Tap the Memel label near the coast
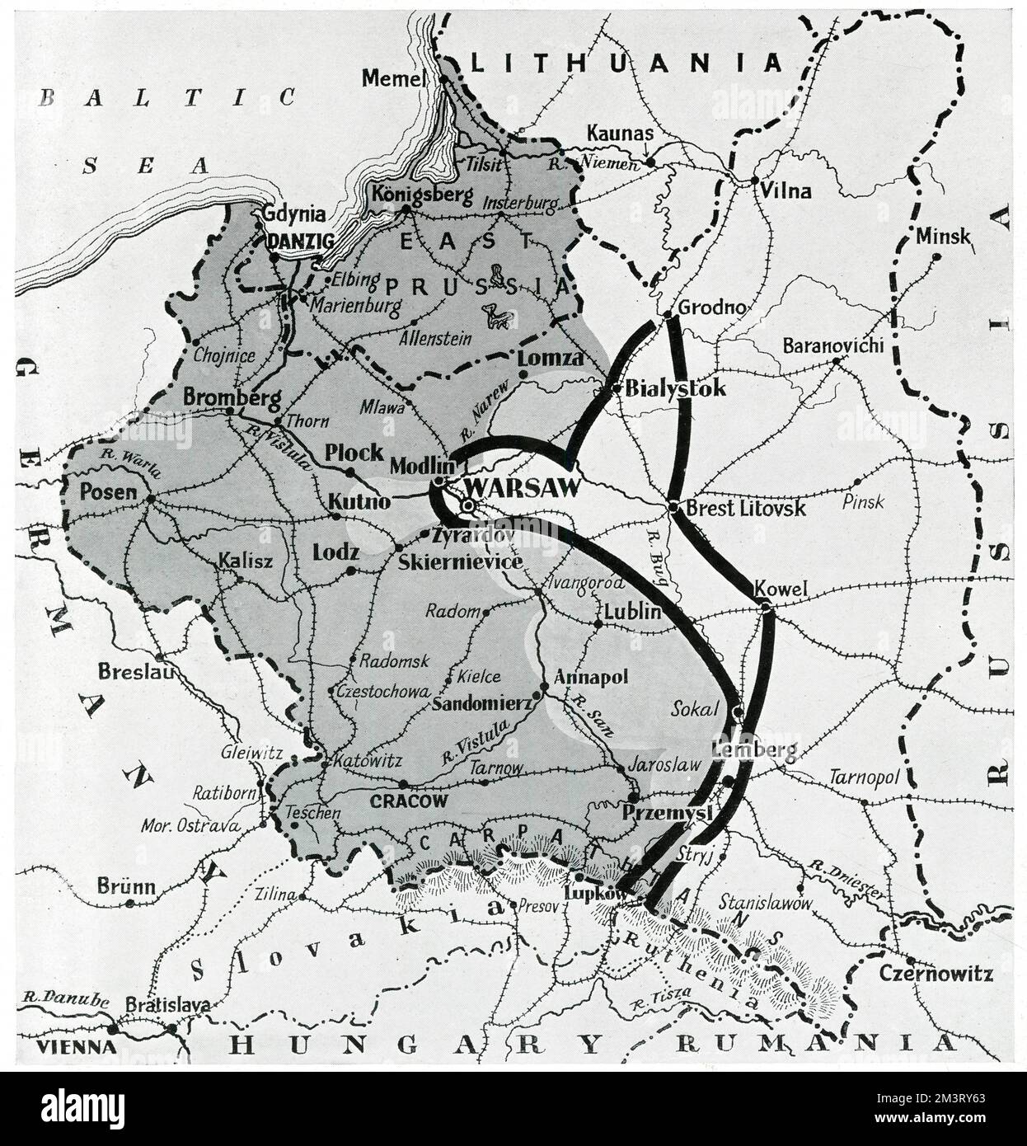pos(393,78)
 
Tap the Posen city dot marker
pos(150,499)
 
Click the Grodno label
pos(712,308)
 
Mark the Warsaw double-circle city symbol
pos(467,505)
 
